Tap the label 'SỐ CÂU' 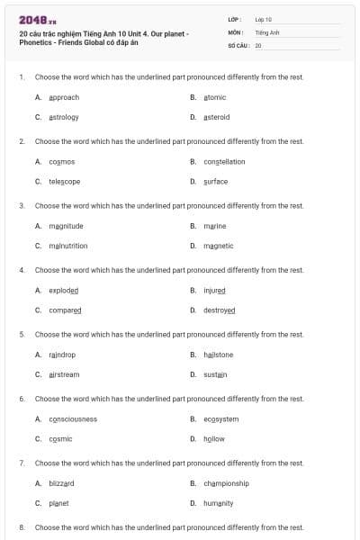click(238, 44)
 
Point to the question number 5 click(21, 334)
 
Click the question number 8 click(21, 527)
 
